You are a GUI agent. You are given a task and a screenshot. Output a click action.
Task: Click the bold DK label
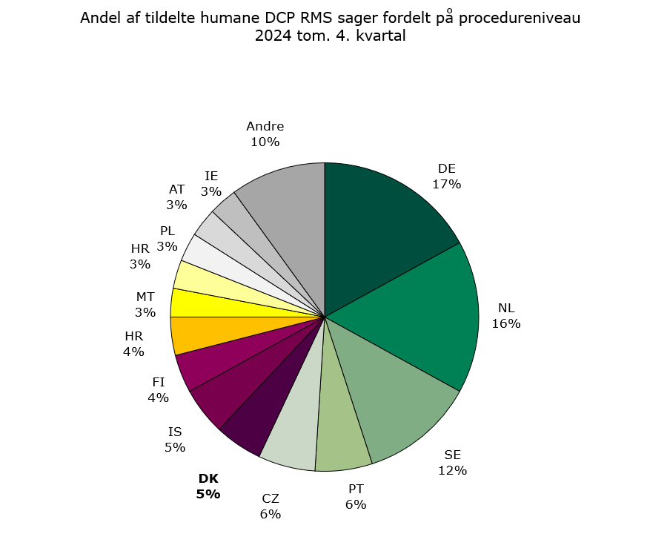pyautogui.click(x=208, y=478)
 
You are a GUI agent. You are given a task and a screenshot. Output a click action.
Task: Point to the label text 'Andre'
pyautogui.click(x=265, y=126)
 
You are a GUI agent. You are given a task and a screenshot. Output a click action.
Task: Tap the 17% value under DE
pyautogui.click(x=447, y=184)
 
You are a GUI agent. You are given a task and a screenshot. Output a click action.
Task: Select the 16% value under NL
pyautogui.click(x=506, y=323)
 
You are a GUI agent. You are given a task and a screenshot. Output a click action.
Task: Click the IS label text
pyautogui.click(x=175, y=432)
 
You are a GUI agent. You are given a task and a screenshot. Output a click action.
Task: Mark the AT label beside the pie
pyautogui.click(x=176, y=189)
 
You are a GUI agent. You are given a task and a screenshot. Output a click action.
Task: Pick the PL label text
pyautogui.click(x=168, y=231)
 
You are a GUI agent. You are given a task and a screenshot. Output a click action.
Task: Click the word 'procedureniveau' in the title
pyautogui.click(x=519, y=19)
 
